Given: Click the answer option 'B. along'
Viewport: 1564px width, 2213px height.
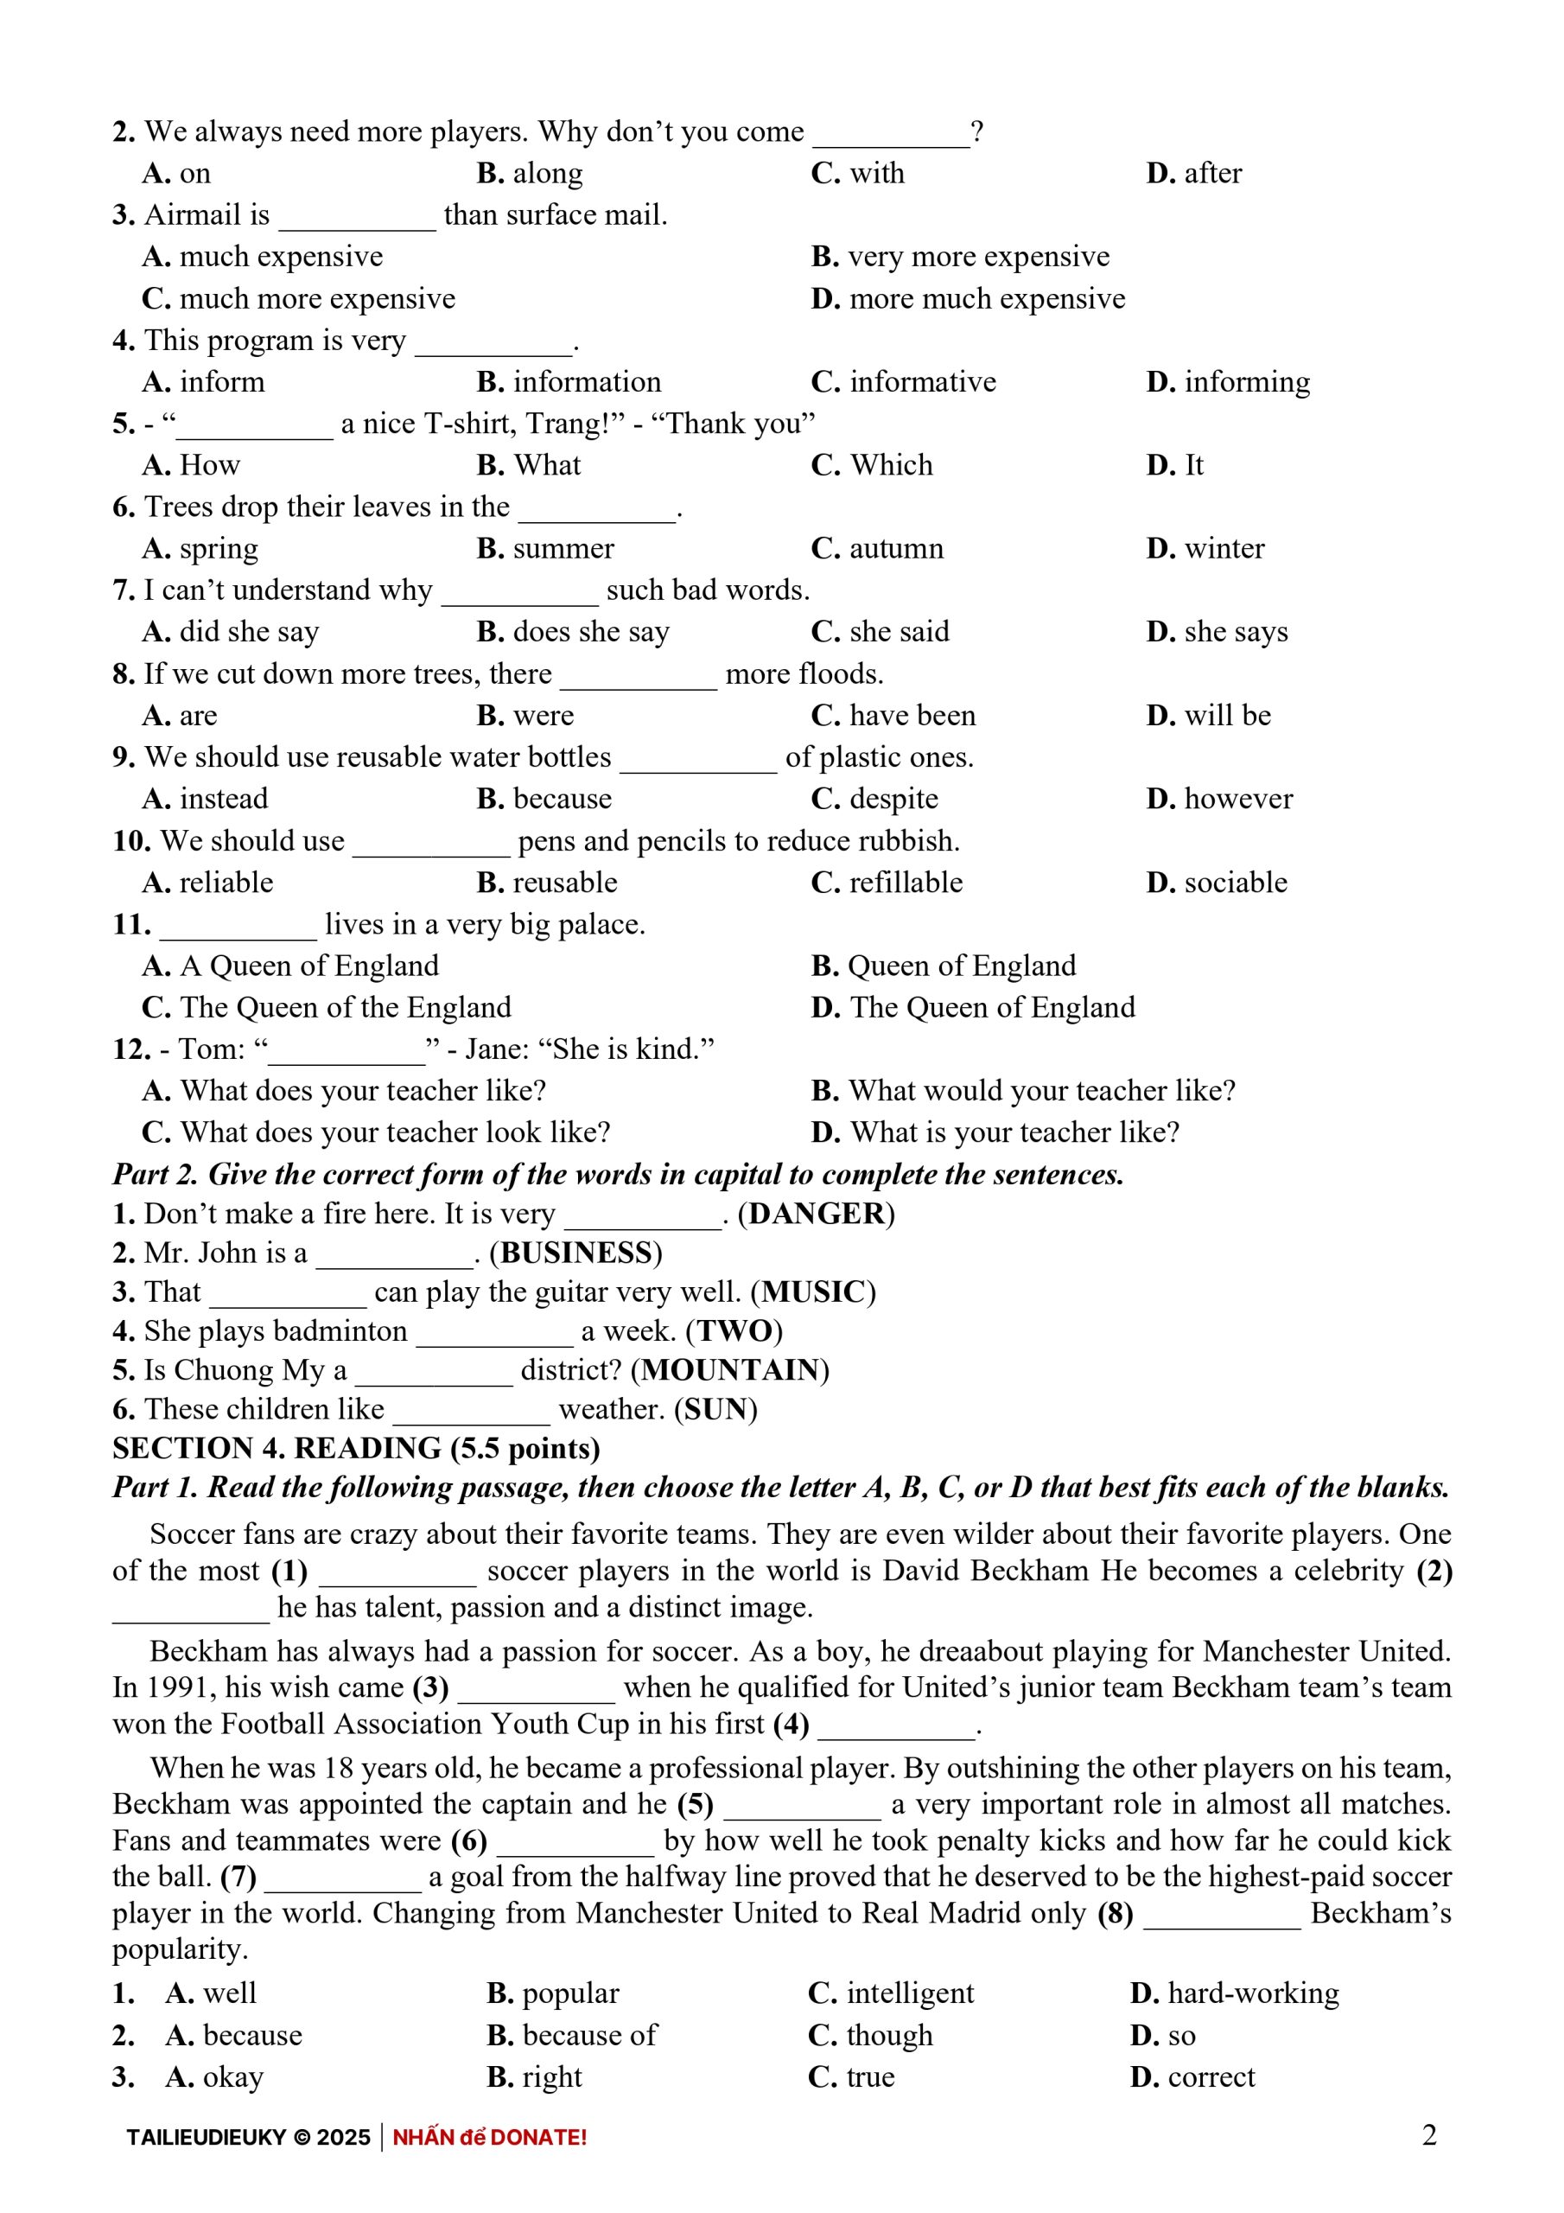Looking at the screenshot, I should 529,174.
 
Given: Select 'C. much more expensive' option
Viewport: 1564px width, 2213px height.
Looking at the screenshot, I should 298,299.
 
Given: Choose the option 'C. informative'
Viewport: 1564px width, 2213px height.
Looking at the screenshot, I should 903,383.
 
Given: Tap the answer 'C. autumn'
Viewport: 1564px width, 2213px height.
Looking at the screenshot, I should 877,548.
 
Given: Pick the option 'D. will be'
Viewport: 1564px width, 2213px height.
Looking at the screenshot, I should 1208,715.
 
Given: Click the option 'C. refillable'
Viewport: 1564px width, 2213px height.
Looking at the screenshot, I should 887,882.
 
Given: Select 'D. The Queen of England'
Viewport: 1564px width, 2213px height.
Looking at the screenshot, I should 973,1007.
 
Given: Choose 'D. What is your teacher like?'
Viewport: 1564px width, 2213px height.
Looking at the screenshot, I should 995,1132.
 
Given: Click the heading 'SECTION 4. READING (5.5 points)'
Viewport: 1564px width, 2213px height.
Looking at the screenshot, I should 356,1449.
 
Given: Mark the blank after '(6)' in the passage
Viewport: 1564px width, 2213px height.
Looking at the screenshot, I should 575,1842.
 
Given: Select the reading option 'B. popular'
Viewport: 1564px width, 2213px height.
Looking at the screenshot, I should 553,1993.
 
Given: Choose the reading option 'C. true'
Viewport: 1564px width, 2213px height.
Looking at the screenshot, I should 851,2077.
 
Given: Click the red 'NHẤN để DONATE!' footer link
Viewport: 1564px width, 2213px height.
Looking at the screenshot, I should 490,2138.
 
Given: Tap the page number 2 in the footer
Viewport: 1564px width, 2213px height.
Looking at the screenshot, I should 1429,2136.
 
